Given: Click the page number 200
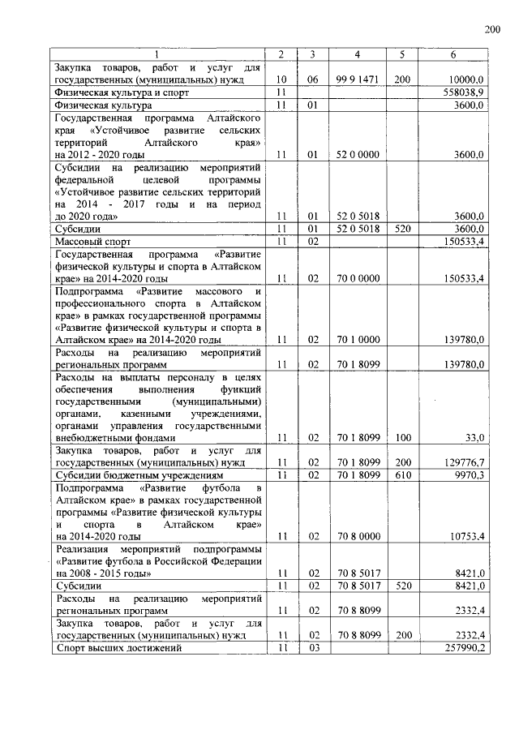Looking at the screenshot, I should [493, 30].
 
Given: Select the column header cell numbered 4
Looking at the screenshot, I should [358, 54].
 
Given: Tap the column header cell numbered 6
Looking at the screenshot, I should [453, 54].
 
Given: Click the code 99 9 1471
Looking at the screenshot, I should [358, 80].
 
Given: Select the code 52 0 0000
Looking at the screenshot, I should [358, 154].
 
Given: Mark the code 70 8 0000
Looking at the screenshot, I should [358, 536].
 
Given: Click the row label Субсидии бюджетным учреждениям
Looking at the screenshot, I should [137, 474].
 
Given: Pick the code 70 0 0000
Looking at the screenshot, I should [358, 278].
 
